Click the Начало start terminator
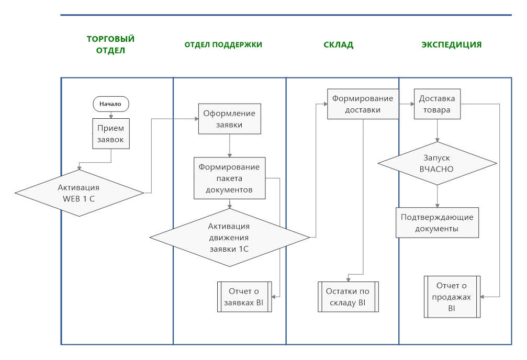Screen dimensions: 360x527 [x=110, y=104]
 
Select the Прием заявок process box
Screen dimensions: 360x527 [x=110, y=133]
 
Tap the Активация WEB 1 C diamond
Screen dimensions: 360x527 [x=79, y=193]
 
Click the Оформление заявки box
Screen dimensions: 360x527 [x=229, y=119]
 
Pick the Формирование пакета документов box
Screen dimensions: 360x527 [x=229, y=178]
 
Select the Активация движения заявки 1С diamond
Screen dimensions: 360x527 [x=229, y=238]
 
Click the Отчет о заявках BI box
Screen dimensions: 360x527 [x=244, y=297]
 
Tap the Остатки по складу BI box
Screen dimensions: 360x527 [x=348, y=297]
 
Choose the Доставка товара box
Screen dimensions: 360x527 [x=437, y=104]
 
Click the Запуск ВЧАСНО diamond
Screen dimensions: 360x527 [x=436, y=163]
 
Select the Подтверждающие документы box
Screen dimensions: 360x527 [x=437, y=223]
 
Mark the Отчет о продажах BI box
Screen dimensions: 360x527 [x=452, y=296]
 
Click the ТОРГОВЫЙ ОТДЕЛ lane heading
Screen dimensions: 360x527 [x=110, y=45]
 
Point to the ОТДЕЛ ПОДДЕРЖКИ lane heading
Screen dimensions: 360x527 [x=223, y=45]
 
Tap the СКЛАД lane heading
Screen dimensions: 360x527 [x=339, y=45]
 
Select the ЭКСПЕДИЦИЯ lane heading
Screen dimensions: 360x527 [x=452, y=45]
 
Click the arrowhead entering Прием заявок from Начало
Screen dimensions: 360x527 [x=110, y=117]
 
